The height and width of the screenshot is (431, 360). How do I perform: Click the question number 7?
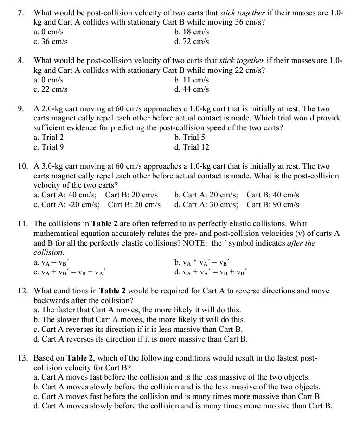21,13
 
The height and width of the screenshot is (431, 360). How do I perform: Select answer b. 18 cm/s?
192,32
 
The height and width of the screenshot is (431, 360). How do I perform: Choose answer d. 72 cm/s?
192,42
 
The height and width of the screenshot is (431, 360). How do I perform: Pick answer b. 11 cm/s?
192,80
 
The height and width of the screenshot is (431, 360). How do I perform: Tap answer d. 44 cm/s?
192,89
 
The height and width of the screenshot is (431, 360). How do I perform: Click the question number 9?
21,109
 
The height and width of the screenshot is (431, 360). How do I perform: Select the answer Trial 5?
190,138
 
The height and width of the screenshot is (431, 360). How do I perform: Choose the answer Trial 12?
192,147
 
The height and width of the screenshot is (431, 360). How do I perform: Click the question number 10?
23,166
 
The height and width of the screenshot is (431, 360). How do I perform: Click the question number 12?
23,291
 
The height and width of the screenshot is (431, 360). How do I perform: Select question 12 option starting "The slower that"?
140,320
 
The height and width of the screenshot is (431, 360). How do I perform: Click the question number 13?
23,358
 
